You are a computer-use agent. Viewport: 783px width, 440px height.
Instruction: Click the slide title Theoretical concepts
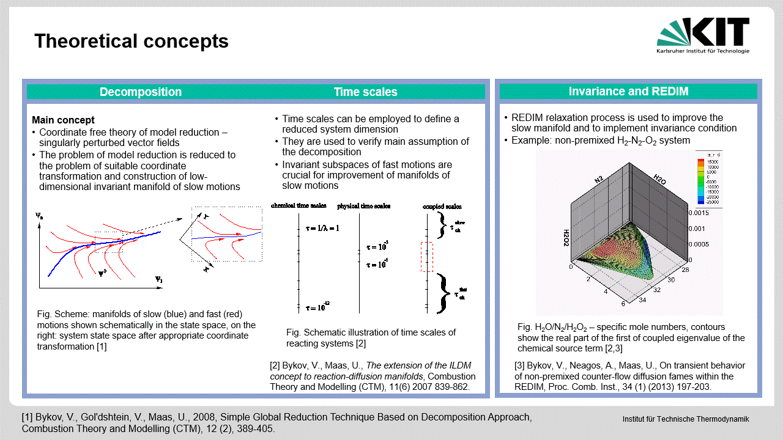pos(132,41)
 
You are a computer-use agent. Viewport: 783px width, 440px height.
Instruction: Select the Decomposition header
pos(141,92)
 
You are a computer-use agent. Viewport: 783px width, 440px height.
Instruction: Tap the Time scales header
pos(365,92)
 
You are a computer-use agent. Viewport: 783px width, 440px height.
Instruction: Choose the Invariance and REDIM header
pos(628,92)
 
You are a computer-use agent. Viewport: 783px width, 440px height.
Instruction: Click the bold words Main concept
pos(63,120)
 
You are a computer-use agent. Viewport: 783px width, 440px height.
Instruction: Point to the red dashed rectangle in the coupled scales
pos(426,257)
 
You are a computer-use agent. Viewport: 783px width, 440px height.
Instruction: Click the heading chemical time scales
pos(299,206)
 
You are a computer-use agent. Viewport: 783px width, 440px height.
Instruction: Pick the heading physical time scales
pos(363,207)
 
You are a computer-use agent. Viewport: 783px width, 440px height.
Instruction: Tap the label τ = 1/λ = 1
pos(322,228)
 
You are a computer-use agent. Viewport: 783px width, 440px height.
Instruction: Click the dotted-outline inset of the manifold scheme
pos(226,233)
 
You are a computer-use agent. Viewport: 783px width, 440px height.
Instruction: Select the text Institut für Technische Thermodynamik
pos(685,419)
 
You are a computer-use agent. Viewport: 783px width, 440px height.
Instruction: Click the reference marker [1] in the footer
pos(27,417)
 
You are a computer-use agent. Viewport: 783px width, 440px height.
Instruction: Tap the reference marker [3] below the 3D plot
pos(520,365)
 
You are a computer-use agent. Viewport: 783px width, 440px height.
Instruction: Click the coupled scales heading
pos(442,207)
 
